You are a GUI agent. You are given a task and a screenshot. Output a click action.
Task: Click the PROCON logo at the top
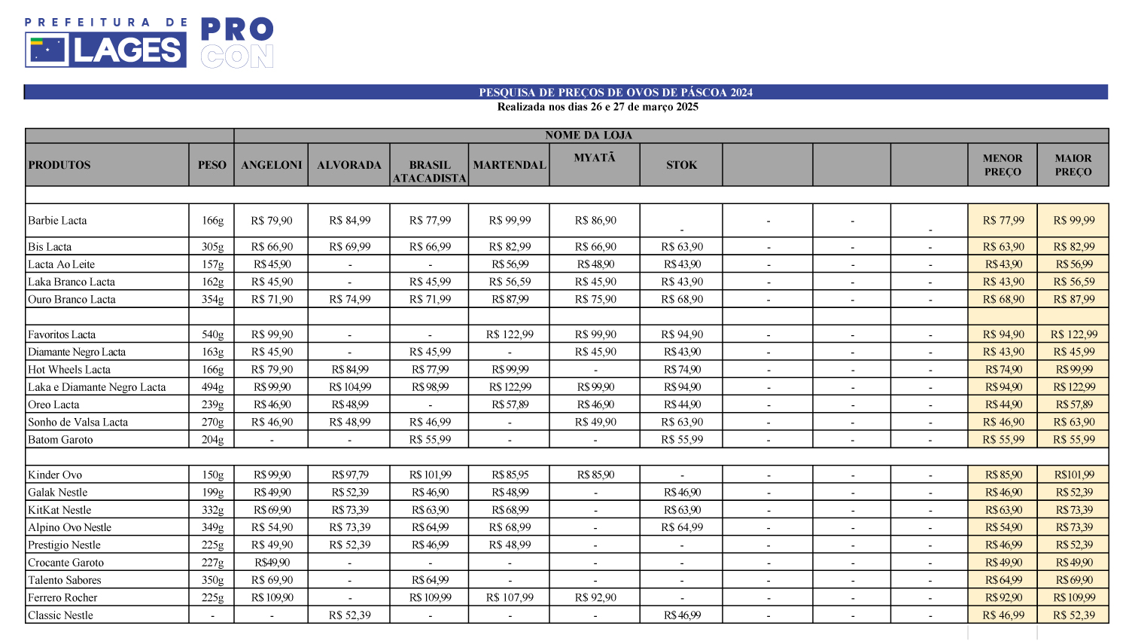point(236,43)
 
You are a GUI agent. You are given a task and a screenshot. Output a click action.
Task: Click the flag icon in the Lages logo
point(47,50)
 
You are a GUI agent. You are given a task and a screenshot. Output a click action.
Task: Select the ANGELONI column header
point(271,165)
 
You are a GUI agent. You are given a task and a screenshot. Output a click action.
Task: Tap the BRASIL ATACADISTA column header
point(429,171)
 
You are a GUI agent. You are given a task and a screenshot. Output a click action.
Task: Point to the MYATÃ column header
point(595,157)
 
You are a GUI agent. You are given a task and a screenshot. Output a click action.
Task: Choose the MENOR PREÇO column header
point(1003,165)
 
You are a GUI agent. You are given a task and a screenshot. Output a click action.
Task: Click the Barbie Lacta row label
point(57,221)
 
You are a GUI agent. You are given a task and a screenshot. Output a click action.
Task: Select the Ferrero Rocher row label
point(62,597)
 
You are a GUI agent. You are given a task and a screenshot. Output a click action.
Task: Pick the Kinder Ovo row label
point(55,475)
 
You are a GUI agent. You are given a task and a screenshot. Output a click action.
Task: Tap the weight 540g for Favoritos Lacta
point(212,334)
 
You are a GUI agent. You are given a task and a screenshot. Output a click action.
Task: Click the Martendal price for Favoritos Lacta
point(510,334)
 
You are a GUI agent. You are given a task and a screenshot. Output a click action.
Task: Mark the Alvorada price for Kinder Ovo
point(350,475)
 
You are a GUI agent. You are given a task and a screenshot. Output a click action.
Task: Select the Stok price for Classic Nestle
point(682,615)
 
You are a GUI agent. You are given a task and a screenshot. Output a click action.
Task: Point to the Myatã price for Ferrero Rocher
point(595,597)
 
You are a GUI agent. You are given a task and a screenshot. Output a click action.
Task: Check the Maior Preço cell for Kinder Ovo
point(1074,475)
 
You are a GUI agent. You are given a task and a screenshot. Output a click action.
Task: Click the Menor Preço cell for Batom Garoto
point(1003,440)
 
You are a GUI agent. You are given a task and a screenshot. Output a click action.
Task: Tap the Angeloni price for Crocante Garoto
point(272,563)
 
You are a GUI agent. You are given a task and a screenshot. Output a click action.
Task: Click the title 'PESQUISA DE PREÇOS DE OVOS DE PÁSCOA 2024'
point(616,93)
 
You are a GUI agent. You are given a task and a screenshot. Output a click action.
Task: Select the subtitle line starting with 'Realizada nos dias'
point(598,107)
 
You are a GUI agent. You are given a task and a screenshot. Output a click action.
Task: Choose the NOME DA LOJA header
point(589,136)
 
